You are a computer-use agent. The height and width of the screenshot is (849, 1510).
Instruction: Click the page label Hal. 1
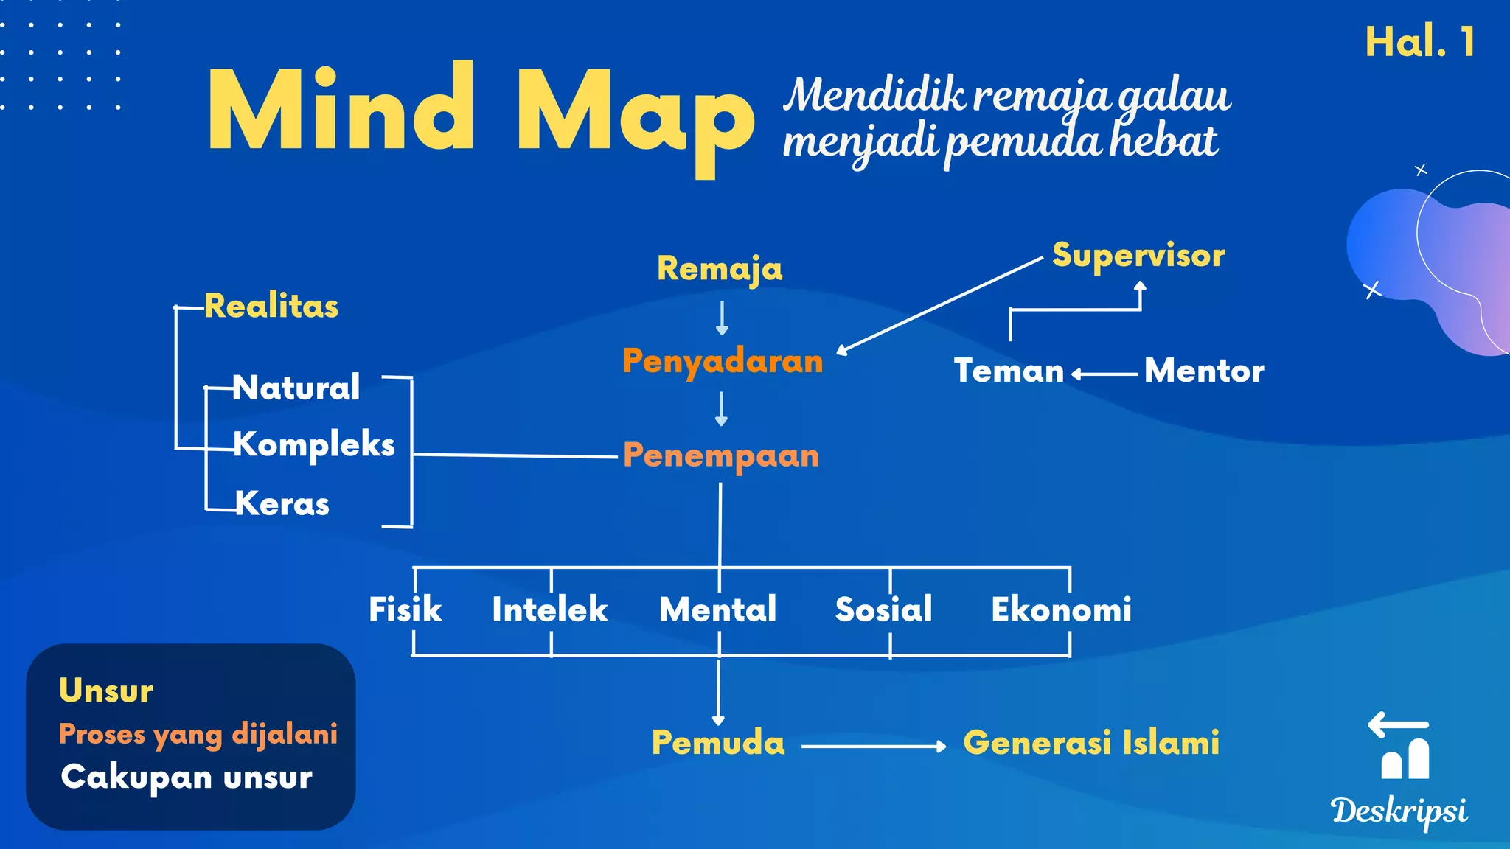click(1419, 42)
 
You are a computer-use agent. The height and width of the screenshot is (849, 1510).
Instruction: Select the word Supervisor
click(1138, 256)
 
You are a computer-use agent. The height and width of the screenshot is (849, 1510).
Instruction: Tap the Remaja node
click(720, 268)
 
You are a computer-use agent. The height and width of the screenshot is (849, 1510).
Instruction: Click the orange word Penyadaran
click(723, 362)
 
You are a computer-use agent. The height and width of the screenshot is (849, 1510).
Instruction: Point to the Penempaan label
click(721, 455)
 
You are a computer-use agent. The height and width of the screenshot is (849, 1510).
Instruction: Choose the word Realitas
click(271, 306)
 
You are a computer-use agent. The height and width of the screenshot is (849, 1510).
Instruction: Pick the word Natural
click(296, 388)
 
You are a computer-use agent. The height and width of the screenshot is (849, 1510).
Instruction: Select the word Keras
click(282, 504)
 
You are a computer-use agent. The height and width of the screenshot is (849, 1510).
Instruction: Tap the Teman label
click(1009, 371)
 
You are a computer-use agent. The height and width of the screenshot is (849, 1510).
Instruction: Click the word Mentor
click(1204, 371)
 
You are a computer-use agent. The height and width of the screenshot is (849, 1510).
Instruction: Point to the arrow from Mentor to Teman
click(1104, 374)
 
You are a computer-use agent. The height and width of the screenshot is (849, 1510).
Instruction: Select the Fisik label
click(405, 609)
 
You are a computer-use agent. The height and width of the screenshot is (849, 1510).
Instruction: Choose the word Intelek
click(550, 609)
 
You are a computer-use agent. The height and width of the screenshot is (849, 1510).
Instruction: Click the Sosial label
click(883, 609)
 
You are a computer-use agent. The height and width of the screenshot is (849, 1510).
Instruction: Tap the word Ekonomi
click(1061, 609)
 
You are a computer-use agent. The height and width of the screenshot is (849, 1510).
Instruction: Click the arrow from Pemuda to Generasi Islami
click(873, 747)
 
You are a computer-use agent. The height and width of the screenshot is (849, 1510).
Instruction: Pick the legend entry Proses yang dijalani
click(198, 734)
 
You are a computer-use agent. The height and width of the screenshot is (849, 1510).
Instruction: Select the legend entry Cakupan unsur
click(187, 777)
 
